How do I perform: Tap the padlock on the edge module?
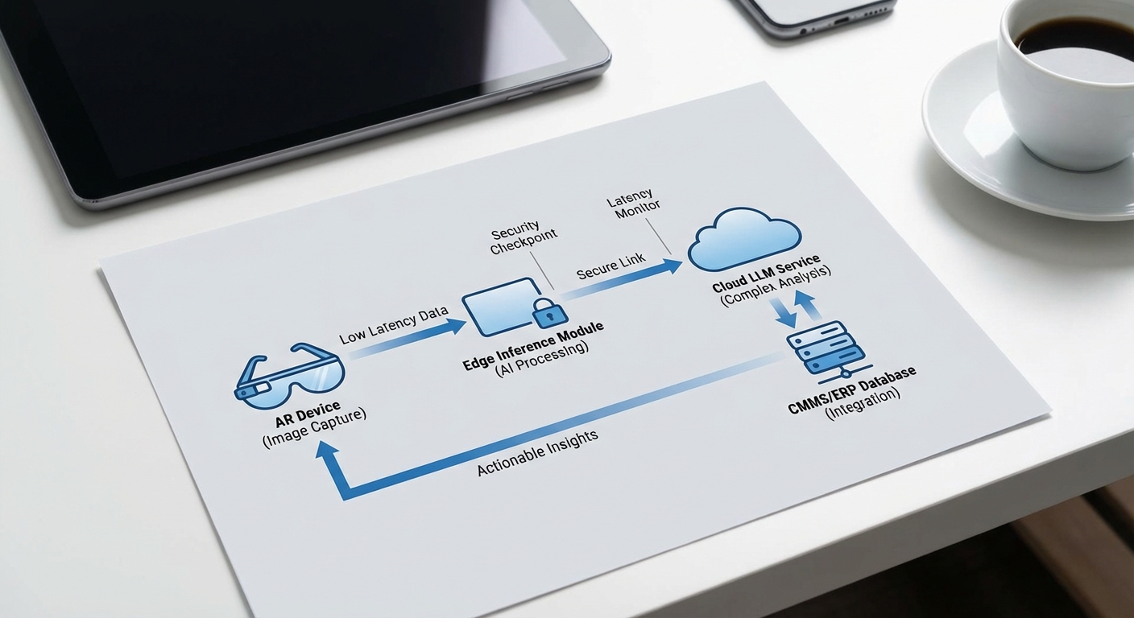[x=545, y=312]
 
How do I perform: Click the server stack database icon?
[x=825, y=348]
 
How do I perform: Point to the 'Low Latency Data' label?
[x=393, y=326]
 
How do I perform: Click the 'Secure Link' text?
[x=610, y=269]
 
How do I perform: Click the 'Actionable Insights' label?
[x=538, y=453]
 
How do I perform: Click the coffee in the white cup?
[x=1074, y=35]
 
